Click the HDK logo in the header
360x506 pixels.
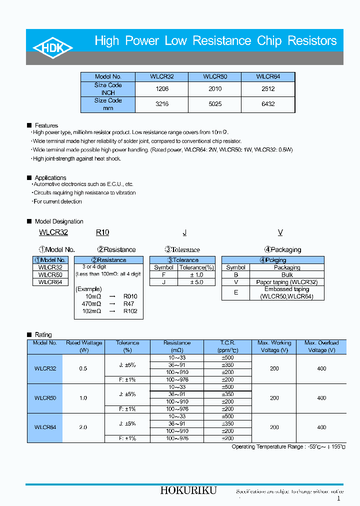coord(53,47)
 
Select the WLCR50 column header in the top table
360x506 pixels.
coord(214,77)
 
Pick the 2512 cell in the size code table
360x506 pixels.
coord(268,89)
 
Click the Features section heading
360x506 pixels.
coord(46,125)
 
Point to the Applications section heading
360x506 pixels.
coord(50,178)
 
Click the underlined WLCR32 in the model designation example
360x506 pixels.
coord(53,232)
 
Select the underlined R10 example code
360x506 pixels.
coord(102,232)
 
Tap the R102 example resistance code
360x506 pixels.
coord(130,311)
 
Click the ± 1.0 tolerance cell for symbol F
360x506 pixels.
coord(196,274)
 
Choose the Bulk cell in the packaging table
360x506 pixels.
coord(287,275)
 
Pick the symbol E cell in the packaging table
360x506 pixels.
coord(236,292)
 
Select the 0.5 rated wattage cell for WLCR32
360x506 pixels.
coord(83,368)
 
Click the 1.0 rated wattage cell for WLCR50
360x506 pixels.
coord(83,398)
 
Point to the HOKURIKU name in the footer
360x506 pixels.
coord(188,491)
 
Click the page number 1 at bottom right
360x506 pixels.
coord(338,498)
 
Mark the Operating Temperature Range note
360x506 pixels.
coord(288,446)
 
